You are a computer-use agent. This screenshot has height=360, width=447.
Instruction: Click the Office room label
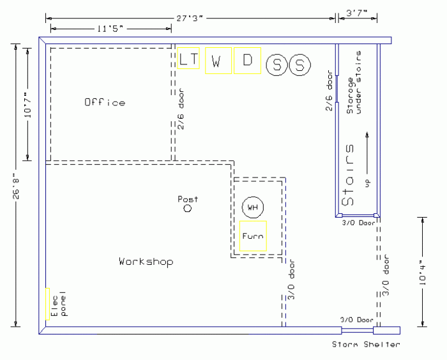click(x=105, y=102)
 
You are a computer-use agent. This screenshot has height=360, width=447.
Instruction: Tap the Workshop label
click(x=146, y=262)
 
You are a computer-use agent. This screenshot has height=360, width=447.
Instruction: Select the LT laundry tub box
click(x=188, y=59)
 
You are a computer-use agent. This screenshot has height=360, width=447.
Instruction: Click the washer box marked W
click(x=218, y=61)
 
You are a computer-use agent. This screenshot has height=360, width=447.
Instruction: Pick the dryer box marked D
click(x=247, y=61)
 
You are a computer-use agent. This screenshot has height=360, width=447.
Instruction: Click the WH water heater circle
click(x=253, y=207)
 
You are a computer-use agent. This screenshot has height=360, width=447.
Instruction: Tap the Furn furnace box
click(x=252, y=236)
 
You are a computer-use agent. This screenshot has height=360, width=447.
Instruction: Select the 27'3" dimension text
click(x=190, y=19)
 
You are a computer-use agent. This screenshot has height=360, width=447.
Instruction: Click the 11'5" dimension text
click(x=110, y=29)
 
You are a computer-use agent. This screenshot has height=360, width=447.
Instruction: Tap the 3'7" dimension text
click(x=356, y=12)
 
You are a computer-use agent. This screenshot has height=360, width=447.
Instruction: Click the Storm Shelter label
click(x=366, y=345)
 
